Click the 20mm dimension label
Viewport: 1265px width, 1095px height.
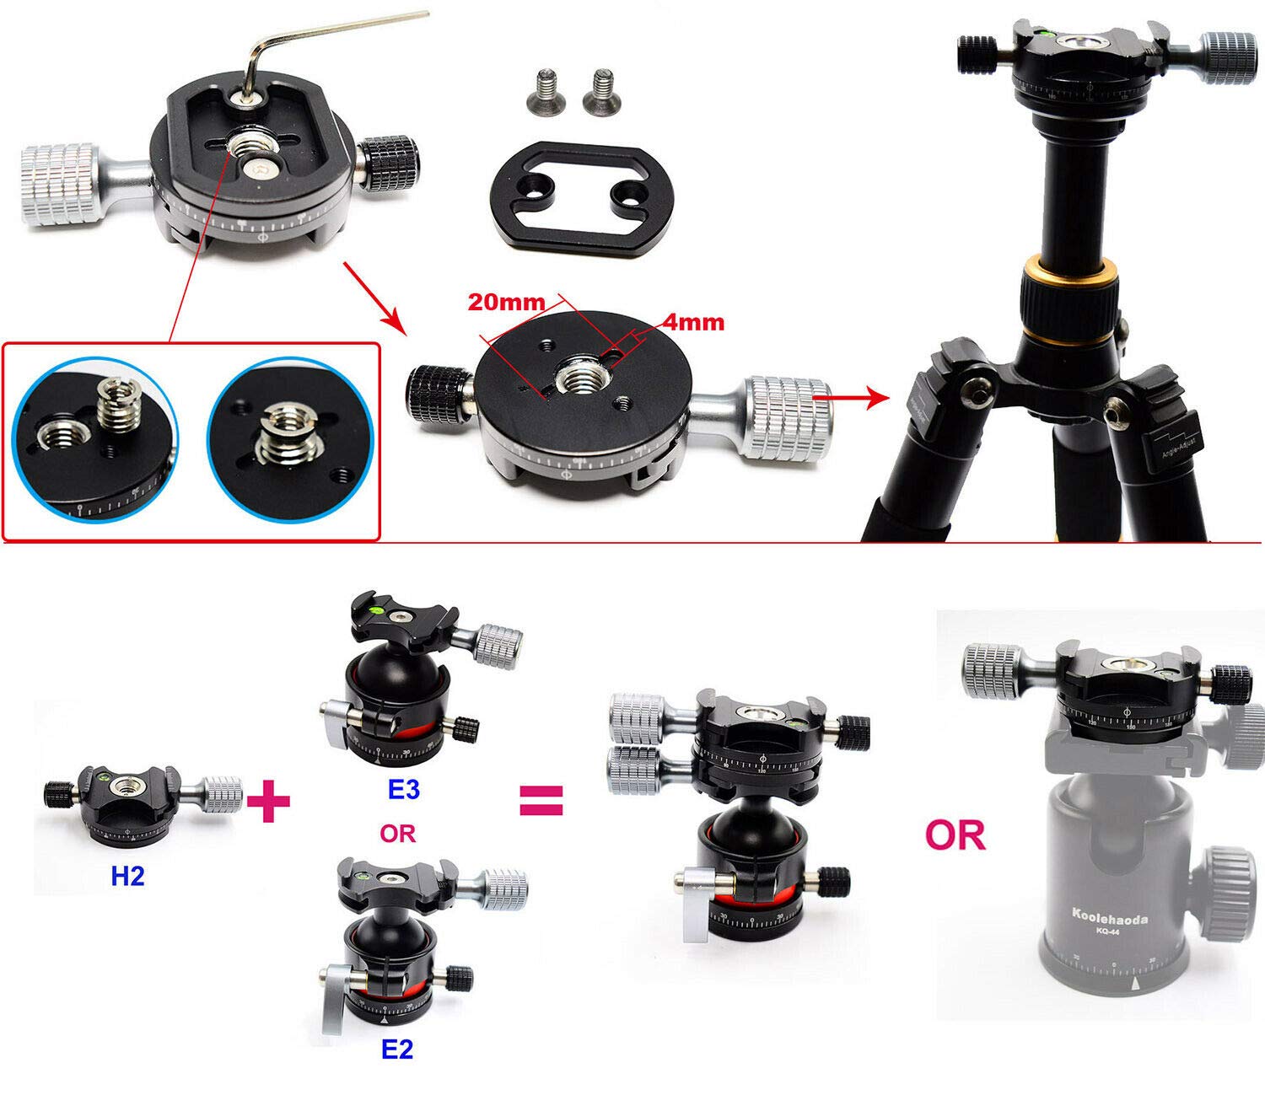[507, 302]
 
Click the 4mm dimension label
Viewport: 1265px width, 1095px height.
[693, 321]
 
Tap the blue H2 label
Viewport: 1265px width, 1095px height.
[127, 877]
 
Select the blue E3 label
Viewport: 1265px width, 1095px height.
[403, 790]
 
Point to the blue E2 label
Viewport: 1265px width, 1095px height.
[397, 1049]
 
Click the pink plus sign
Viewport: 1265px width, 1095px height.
[269, 800]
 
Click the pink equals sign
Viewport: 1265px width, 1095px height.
[540, 800]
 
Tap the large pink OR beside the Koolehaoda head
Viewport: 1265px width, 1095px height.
[955, 835]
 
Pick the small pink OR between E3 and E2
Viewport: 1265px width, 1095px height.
[397, 834]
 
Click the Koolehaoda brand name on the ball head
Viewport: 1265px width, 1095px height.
[1109, 918]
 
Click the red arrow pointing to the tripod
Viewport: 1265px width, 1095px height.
[852, 394]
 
